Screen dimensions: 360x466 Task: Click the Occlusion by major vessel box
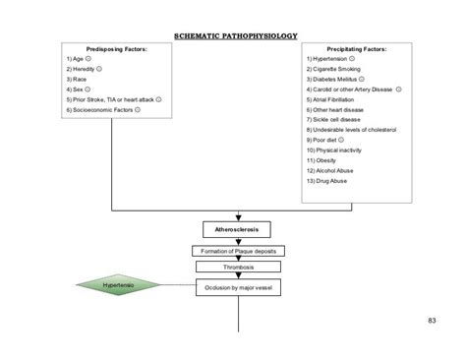click(x=236, y=288)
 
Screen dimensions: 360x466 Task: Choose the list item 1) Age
click(x=78, y=60)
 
